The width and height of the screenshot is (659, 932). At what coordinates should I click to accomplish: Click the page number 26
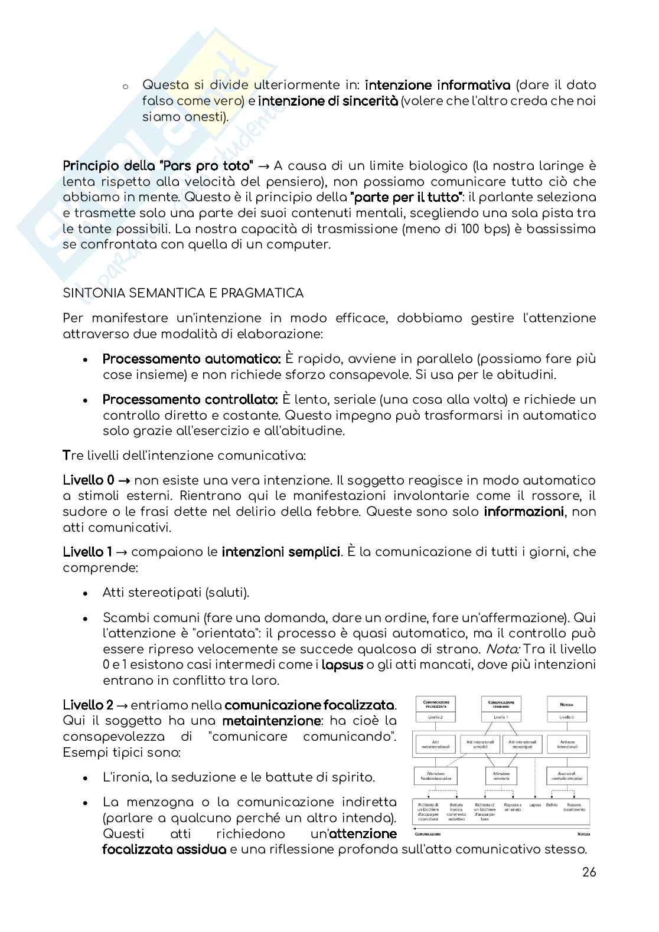589,872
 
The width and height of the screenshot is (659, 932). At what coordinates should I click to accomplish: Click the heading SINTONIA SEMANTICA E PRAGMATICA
183,293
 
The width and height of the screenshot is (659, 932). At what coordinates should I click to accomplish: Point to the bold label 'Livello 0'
89,480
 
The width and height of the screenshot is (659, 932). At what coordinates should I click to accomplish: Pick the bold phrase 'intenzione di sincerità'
328,101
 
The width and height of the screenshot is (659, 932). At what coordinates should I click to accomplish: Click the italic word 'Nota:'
503,649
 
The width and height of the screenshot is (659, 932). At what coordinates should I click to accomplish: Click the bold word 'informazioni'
523,511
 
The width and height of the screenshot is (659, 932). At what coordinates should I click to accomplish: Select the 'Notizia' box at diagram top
566,704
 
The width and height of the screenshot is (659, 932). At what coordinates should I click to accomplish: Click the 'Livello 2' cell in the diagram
436,718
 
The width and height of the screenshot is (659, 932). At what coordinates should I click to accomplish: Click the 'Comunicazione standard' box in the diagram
501,704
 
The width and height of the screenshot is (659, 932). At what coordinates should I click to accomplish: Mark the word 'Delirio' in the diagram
552,805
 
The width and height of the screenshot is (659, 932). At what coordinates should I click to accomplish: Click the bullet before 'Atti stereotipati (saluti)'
86,593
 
